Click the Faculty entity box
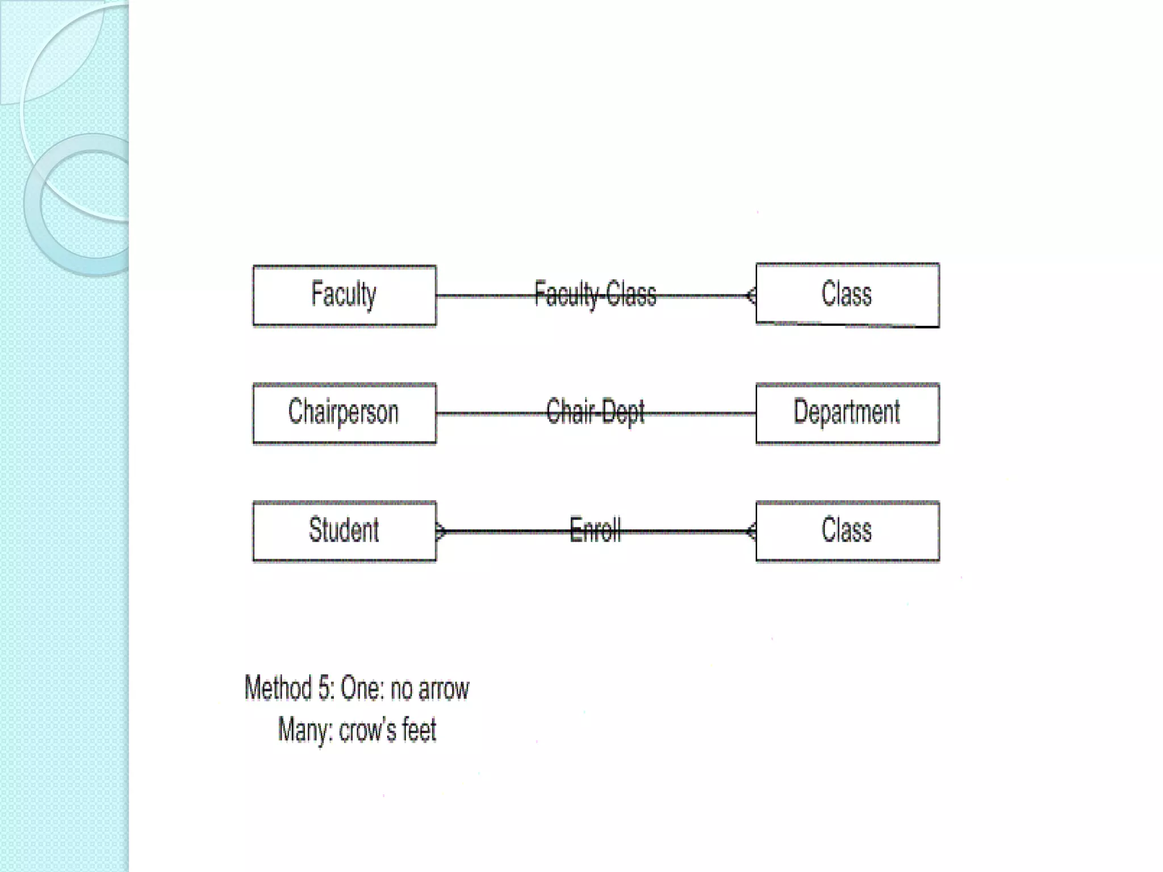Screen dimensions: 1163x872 click(344, 295)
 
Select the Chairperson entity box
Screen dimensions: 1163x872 click(344, 413)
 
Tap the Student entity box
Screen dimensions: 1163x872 click(344, 531)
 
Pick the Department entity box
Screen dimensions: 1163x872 click(847, 413)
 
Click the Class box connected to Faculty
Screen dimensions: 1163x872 click(847, 295)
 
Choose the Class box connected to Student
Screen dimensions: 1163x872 click(847, 531)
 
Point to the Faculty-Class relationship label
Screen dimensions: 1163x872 click(595, 295)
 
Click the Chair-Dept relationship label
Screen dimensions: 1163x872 click(595, 412)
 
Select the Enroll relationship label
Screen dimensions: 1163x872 click(595, 530)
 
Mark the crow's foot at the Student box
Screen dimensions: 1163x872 click(441, 531)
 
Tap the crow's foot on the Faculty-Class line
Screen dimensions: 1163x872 click(751, 296)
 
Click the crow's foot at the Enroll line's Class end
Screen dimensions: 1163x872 click(751, 531)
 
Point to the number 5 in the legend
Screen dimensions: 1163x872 click(325, 689)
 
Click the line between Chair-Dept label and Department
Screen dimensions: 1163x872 click(701, 413)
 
